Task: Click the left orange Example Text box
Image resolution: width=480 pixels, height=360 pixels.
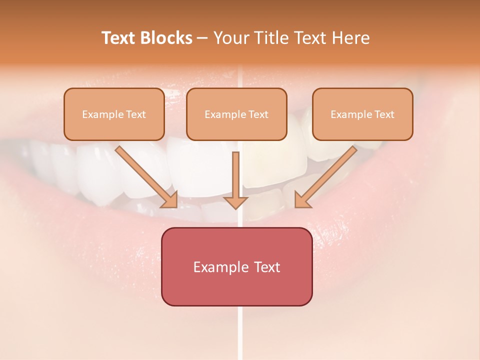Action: coord(114,114)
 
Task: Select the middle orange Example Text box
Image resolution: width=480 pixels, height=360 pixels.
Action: coord(236,114)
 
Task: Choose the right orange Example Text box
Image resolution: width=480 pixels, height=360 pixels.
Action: coord(362,114)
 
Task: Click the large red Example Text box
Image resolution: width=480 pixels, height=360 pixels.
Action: coord(236,266)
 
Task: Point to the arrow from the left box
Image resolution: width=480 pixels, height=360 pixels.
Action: coord(145,175)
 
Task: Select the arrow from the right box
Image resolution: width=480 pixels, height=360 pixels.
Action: coord(327,175)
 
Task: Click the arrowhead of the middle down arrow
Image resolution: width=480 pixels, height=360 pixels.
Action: coord(235,202)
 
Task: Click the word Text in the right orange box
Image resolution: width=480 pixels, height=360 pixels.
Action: coord(384,114)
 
